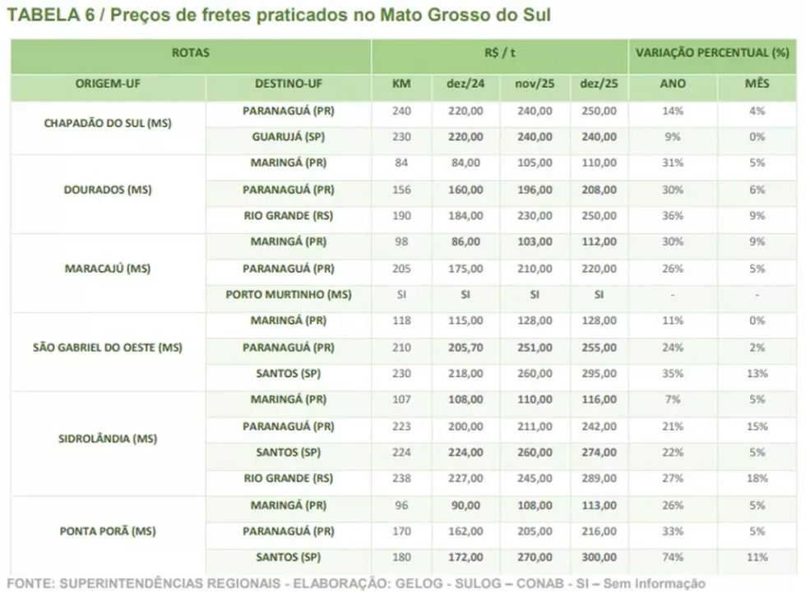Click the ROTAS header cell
[190, 53]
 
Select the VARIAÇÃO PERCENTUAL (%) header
[712, 53]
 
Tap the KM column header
[401, 84]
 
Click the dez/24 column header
[466, 84]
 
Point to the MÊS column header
[757, 83]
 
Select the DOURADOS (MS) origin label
[108, 190]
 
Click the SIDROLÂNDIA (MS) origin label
[108, 439]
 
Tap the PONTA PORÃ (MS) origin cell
[108, 531]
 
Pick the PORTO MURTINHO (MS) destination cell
[289, 295]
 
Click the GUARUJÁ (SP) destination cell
[289, 137]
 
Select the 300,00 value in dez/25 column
[599, 558]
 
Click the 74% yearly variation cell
[673, 558]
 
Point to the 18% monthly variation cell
[757, 479]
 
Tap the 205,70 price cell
[466, 347]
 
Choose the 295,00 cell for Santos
[599, 374]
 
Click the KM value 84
[401, 163]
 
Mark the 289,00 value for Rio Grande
[599, 479]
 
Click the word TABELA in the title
[43, 15]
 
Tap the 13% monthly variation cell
[757, 374]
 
